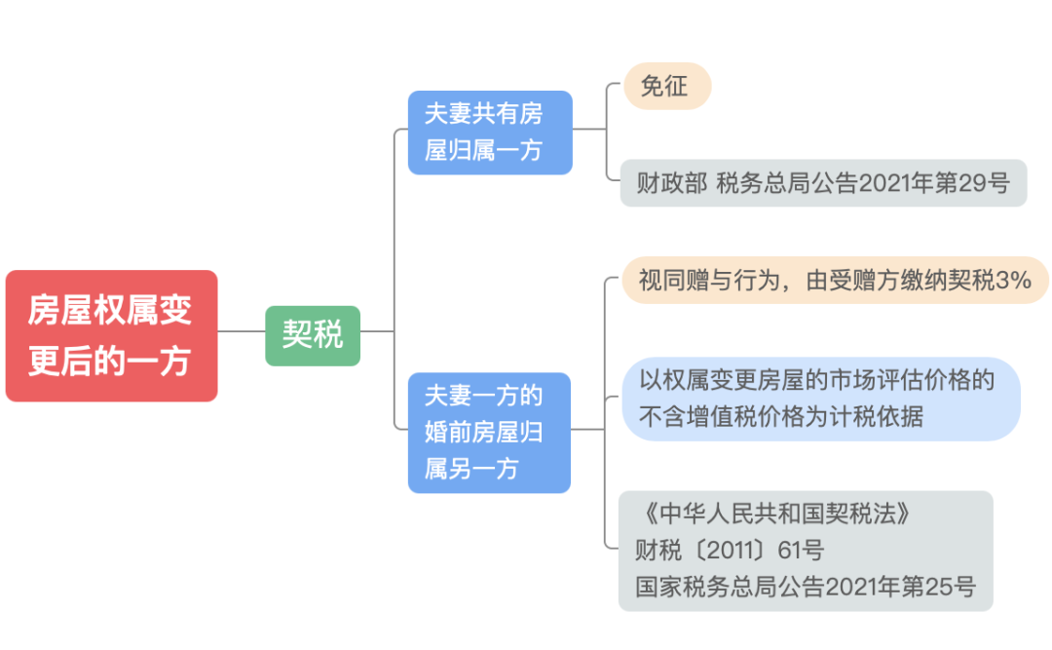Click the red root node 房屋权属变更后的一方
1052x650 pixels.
click(x=111, y=335)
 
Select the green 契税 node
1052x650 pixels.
click(x=313, y=335)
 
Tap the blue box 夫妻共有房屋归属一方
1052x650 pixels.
click(x=489, y=133)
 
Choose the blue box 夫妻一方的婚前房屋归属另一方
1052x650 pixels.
click(x=489, y=432)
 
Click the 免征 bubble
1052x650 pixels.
click(x=666, y=87)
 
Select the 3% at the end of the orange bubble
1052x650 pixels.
click(x=1014, y=281)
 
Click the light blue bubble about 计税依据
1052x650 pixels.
click(x=820, y=399)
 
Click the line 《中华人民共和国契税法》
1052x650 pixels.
click(x=775, y=514)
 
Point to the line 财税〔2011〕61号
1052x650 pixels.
click(x=729, y=551)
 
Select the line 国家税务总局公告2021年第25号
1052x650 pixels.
click(x=805, y=587)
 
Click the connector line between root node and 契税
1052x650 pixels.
click(x=242, y=331)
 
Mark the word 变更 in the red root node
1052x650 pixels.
click(x=171, y=310)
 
